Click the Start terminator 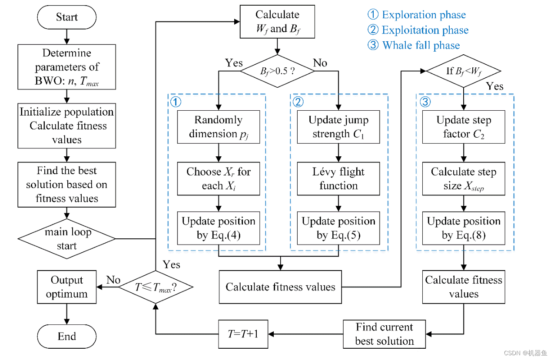pos(67,17)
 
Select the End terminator pos(67,336)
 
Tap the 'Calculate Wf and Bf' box pos(277,22)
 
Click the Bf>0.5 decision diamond pos(277,71)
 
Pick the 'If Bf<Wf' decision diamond pos(464,71)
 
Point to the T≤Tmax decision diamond pos(156,287)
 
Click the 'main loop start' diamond pos(67,239)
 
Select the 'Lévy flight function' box pos(338,178)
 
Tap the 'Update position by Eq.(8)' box pos(464,228)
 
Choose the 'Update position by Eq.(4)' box pos(219,228)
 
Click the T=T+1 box pos(243,334)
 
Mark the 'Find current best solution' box pos(385,334)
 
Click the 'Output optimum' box pos(67,287)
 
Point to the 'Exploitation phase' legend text pos(425,30)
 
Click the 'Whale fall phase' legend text pos(421,45)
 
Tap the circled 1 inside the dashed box pos(176,102)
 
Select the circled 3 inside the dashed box pos(425,102)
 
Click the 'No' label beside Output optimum pos(113,280)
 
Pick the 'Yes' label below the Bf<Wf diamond pos(494,86)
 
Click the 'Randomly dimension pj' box pos(219,127)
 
